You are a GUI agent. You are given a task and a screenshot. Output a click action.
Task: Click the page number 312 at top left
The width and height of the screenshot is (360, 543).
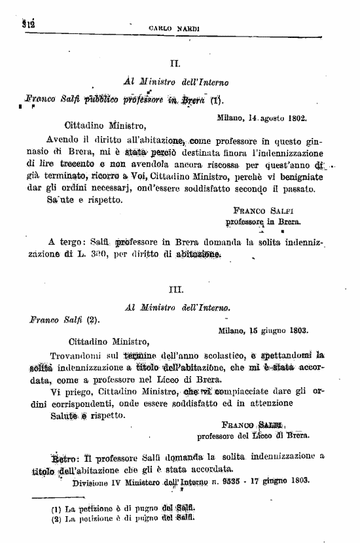(27, 25)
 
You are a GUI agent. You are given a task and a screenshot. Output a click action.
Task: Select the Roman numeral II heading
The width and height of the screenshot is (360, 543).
(175, 64)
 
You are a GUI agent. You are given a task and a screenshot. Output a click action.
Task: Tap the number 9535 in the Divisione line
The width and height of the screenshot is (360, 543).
(249, 482)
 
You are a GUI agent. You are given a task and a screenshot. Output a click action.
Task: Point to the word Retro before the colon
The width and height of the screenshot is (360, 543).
(63, 457)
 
